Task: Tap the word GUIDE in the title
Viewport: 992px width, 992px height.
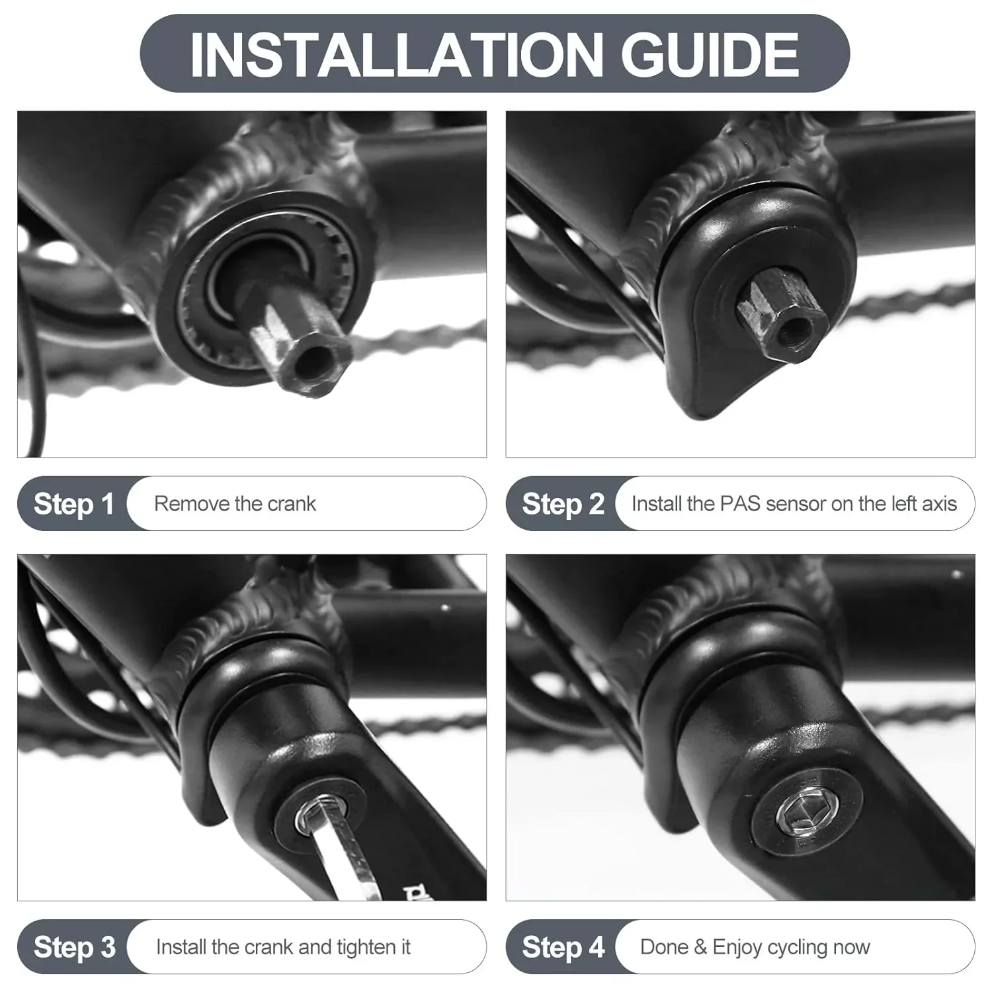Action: (x=710, y=54)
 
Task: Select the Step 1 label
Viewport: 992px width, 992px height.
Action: (x=74, y=504)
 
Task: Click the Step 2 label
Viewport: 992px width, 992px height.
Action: (x=563, y=504)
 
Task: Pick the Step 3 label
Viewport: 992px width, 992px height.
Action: (x=75, y=947)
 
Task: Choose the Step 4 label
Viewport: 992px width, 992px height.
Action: (x=563, y=947)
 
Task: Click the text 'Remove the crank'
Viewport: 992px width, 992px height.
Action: (x=235, y=504)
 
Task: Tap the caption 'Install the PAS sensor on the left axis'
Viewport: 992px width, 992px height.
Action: (x=794, y=504)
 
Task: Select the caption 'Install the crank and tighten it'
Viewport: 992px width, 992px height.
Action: (x=283, y=948)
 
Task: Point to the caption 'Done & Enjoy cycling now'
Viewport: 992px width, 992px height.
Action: (x=755, y=948)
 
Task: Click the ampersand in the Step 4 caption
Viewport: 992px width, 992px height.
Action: (x=700, y=947)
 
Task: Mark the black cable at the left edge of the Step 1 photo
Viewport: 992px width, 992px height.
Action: (x=34, y=370)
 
